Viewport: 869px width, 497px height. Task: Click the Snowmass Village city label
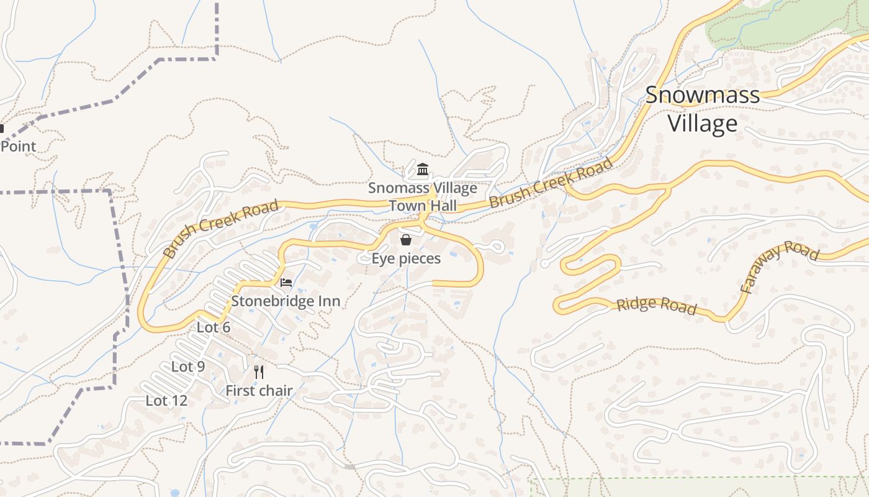(x=702, y=109)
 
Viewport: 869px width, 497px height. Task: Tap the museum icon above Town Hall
(x=423, y=169)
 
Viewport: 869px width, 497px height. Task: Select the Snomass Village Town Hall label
(x=423, y=196)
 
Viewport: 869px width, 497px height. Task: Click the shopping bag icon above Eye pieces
(x=406, y=240)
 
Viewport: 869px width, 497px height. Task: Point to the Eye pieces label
(x=406, y=258)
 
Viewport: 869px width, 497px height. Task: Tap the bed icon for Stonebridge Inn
(x=286, y=283)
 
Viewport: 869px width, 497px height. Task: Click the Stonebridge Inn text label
(x=286, y=301)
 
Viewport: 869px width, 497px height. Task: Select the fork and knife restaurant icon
(x=259, y=372)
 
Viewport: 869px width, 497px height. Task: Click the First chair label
(x=259, y=391)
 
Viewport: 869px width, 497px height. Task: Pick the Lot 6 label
(x=214, y=327)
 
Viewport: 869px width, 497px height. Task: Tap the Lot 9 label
(x=187, y=367)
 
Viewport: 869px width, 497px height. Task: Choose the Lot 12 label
(x=166, y=401)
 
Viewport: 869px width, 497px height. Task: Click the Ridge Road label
(x=657, y=305)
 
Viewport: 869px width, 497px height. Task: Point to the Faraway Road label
(x=780, y=267)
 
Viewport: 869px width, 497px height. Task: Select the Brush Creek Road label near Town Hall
(x=551, y=183)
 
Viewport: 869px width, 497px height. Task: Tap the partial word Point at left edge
(x=18, y=147)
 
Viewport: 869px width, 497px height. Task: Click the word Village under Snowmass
(x=702, y=123)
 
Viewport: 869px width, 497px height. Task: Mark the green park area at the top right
(x=782, y=25)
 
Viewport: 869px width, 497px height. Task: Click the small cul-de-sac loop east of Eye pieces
(x=497, y=247)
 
